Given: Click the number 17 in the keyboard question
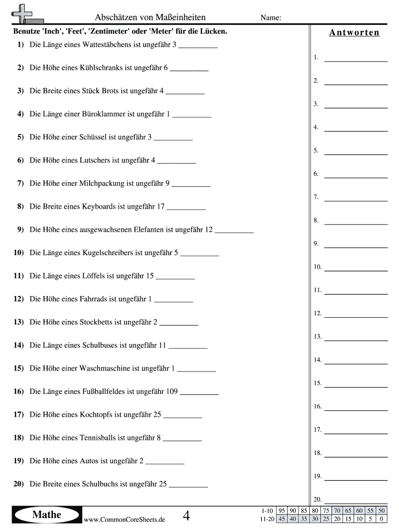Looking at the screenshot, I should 160,207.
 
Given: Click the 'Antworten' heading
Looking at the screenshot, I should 354,33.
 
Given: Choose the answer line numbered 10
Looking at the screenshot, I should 355,268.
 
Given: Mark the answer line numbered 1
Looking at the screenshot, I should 355,58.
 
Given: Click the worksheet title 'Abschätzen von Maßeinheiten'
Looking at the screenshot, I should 150,18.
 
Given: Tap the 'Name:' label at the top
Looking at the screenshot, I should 270,18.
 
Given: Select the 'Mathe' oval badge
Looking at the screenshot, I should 47,514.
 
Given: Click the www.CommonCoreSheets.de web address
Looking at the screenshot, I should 124,520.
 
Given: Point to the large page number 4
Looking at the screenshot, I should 187,516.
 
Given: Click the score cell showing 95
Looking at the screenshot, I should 282,511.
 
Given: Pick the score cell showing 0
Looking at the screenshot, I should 381,519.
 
